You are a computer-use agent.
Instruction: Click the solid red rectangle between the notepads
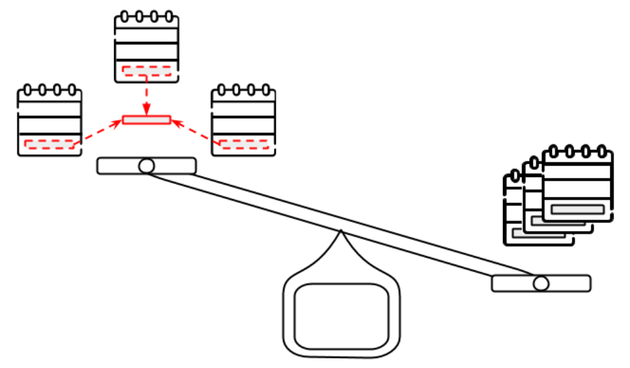[x=147, y=119]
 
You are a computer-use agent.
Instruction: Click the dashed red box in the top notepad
[x=147, y=70]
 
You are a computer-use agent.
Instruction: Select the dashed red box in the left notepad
[x=49, y=145]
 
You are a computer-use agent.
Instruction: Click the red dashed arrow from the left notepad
[x=98, y=132]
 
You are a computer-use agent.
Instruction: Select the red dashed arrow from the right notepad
[x=196, y=132]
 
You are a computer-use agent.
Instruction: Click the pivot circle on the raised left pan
[x=147, y=166]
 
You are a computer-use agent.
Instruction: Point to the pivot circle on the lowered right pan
[x=541, y=283]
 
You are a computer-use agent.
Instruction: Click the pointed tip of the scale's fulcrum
[x=341, y=232]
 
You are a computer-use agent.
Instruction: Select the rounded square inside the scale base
[x=342, y=316]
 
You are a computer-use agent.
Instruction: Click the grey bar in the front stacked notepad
[x=577, y=209]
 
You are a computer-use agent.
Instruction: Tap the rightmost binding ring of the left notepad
[x=72, y=89]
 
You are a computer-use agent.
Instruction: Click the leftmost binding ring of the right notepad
[x=222, y=89]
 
